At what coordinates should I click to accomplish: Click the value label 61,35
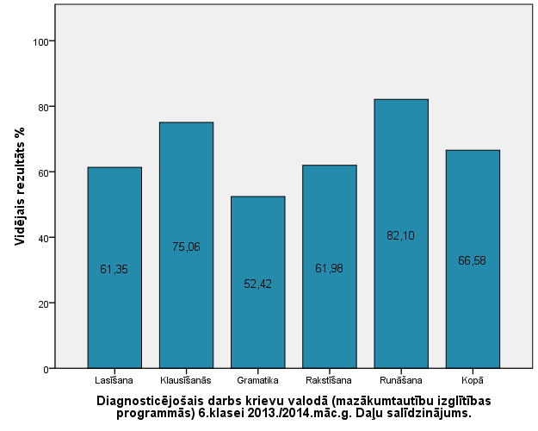click(114, 270)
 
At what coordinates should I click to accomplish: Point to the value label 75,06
click(186, 247)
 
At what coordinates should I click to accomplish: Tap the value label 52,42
click(257, 284)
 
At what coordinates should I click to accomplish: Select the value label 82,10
click(401, 235)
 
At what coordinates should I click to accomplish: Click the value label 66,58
click(473, 261)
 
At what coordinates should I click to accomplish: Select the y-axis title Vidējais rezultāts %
click(19, 184)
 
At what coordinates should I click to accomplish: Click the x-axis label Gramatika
click(257, 380)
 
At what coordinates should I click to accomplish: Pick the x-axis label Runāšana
click(401, 380)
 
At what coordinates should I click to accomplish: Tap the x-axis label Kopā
click(473, 380)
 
